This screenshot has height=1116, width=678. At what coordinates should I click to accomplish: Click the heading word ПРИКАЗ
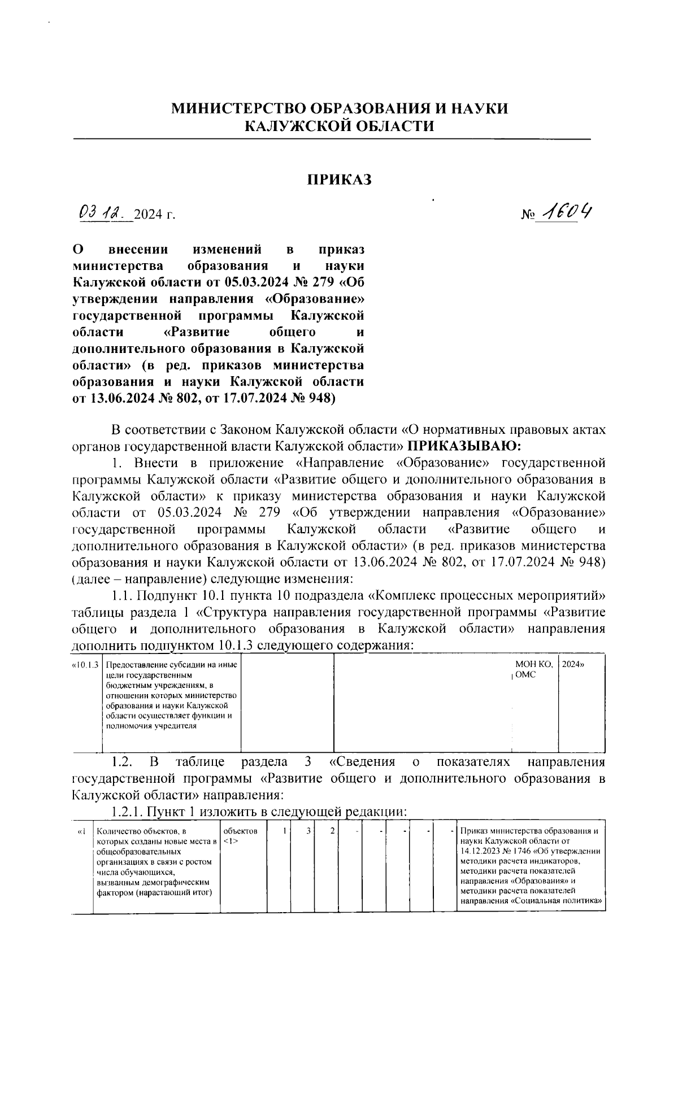[339, 180]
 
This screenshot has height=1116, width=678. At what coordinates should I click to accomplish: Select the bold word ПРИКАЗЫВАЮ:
[463, 446]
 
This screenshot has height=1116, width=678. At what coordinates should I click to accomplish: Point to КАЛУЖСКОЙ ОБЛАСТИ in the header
[339, 126]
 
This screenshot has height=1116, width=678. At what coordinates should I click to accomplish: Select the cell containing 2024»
[573, 665]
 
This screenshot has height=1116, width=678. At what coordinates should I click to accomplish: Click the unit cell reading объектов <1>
[241, 836]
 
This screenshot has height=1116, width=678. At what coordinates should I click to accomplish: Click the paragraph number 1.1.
[122, 596]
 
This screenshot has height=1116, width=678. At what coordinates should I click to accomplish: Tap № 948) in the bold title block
[307, 399]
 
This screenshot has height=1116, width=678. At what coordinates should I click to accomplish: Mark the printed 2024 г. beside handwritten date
[156, 215]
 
